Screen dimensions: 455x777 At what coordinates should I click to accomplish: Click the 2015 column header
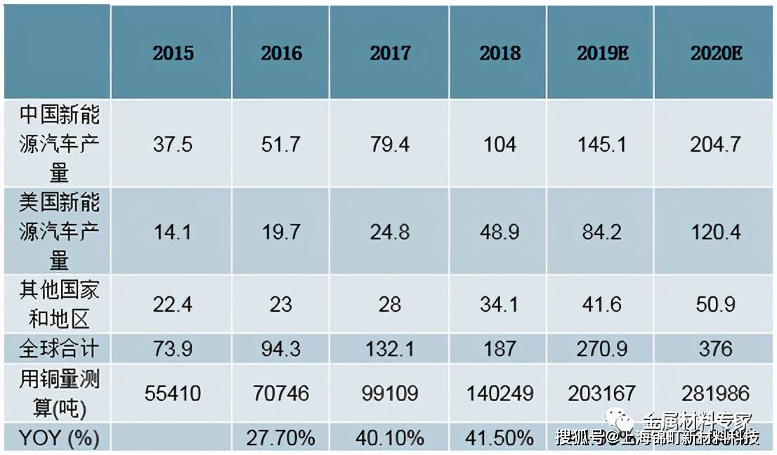point(173,53)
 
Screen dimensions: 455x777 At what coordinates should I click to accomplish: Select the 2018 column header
point(500,53)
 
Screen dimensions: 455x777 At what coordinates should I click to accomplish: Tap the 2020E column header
point(716,53)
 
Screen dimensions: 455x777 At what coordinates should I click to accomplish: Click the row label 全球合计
point(59,348)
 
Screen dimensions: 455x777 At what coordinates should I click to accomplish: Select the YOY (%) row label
point(59,439)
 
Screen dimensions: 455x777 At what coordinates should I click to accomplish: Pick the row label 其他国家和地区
point(59,305)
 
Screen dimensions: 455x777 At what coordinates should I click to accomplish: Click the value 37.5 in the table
point(173,145)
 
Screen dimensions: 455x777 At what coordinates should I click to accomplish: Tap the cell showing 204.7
point(716,145)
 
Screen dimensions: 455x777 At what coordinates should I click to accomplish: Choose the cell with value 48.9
point(500,232)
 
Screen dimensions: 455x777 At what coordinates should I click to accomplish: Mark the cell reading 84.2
point(601,232)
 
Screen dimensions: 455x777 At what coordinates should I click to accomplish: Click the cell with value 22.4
point(173,305)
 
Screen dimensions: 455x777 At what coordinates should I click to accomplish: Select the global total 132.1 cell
point(390,348)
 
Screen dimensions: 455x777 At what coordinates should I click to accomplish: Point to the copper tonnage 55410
point(173,393)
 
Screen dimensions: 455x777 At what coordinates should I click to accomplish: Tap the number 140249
point(500,393)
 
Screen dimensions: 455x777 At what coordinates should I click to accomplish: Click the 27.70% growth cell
point(281,439)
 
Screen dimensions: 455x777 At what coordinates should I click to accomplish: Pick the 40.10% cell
point(390,439)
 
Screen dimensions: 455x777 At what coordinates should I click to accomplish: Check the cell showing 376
point(716,348)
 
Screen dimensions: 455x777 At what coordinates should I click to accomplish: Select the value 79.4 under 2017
point(390,145)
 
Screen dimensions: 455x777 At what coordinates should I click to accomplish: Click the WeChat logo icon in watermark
point(621,421)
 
